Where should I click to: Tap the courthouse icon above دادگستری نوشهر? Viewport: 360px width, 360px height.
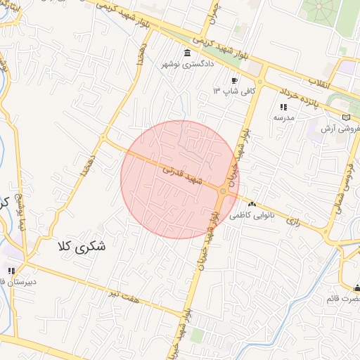(186, 53)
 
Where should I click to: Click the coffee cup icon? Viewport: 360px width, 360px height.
(235, 81)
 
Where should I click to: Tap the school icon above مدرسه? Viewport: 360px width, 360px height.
(283, 107)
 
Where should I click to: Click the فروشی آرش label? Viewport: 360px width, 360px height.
(340, 129)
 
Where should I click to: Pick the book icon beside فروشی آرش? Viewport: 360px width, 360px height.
(345, 117)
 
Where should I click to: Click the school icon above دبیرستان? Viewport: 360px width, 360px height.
(11, 270)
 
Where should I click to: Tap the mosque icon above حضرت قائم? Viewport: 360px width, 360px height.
(357, 288)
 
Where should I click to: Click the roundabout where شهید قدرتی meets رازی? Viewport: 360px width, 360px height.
(224, 191)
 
